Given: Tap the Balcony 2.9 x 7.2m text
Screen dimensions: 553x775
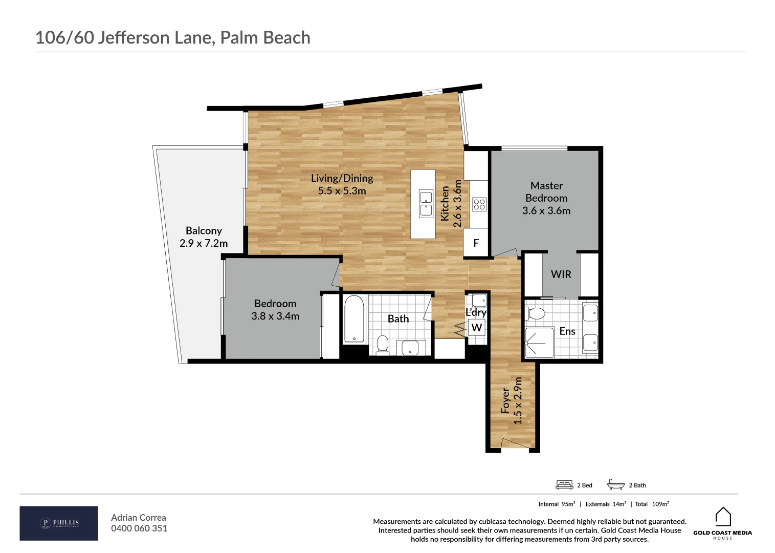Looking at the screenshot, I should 204,237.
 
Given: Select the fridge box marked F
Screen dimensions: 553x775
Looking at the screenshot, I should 476,243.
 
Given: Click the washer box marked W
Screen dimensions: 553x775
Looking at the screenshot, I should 476,328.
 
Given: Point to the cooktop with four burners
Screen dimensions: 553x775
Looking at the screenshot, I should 479,205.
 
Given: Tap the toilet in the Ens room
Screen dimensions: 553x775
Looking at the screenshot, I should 535,312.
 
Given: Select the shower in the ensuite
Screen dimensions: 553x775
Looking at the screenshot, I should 540,342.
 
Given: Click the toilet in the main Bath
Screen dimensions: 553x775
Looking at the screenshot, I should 382,344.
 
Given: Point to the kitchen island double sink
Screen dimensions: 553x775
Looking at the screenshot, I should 426,204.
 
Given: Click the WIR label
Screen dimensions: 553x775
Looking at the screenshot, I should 561,274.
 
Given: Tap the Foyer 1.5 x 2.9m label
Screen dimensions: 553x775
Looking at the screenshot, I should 512,400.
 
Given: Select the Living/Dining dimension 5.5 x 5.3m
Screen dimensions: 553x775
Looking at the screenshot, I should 342,191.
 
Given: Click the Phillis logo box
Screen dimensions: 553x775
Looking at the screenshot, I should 59,523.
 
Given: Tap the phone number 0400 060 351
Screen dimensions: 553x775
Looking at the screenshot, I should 139,528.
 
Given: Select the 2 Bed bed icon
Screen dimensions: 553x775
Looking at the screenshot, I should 564,484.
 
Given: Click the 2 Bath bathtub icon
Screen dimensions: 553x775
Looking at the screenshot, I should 616,484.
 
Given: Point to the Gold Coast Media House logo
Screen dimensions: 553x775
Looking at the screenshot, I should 722,523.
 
